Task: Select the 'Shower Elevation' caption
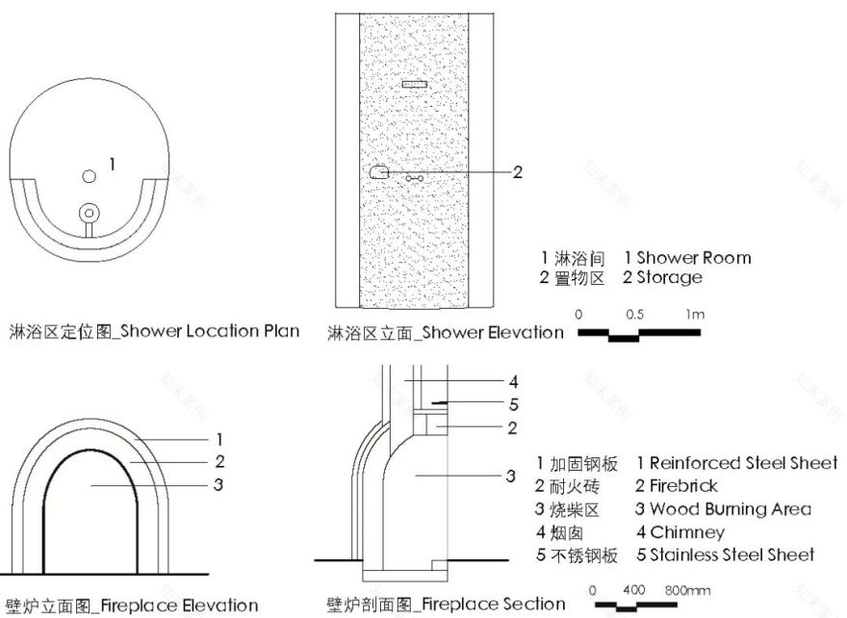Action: tap(494, 333)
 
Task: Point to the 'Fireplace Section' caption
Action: tap(494, 605)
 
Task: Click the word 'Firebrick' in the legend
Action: tap(683, 486)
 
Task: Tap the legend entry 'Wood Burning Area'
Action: tap(730, 509)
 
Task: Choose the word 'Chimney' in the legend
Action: tap(687, 532)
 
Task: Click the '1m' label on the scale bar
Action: tap(695, 315)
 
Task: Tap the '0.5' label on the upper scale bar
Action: tap(635, 315)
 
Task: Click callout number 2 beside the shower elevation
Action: tap(517, 172)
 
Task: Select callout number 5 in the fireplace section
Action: tap(513, 404)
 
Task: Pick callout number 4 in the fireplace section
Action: tap(513, 380)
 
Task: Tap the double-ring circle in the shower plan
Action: tap(90, 211)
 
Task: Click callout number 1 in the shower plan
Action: tap(112, 165)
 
